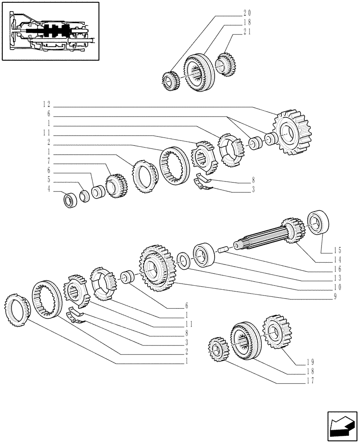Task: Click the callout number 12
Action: click(x=47, y=105)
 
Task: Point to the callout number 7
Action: click(x=49, y=162)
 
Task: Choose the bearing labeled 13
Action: click(x=204, y=254)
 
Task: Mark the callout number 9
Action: click(x=338, y=296)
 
